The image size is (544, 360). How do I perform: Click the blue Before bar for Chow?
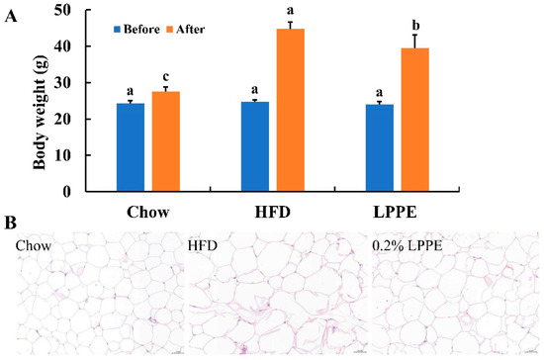(x=130, y=147)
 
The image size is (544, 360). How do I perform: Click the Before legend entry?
(x=136, y=29)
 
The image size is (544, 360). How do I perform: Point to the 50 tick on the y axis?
(x=69, y=10)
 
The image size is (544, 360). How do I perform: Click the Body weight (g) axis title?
(x=40, y=101)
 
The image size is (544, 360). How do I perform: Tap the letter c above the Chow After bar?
(x=165, y=76)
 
